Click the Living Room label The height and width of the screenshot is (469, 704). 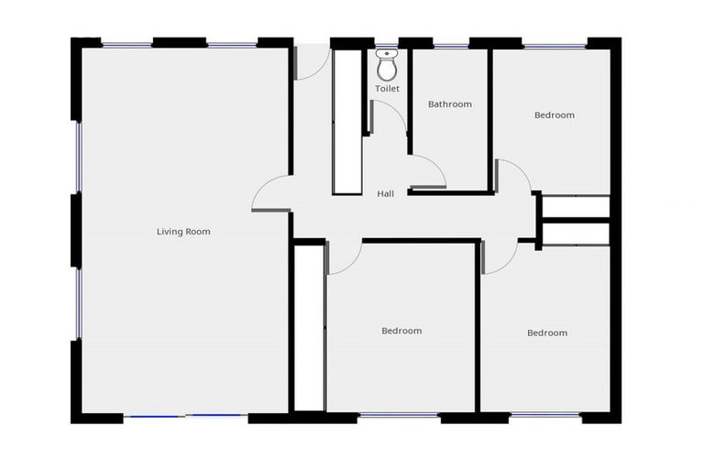(183, 232)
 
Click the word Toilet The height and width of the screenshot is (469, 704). (387, 89)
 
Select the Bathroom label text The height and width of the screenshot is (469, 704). (449, 104)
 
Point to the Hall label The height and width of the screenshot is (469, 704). (386, 194)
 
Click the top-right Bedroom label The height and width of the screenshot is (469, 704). (554, 115)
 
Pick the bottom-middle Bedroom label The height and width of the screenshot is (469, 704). (401, 331)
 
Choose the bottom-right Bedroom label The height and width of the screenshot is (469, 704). (546, 333)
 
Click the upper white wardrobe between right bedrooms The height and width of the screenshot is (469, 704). (575, 207)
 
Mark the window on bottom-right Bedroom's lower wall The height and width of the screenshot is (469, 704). (544, 417)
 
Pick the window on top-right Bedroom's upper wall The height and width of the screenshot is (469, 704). (554, 44)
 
